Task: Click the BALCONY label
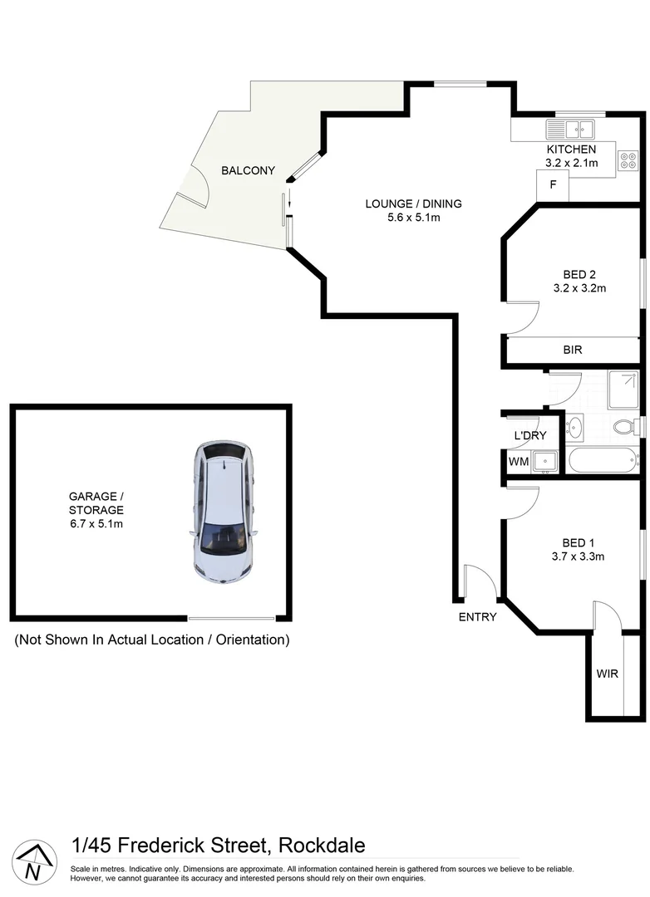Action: [248, 170]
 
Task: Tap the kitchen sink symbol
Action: [570, 129]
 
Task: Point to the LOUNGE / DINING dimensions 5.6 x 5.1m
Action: [414, 218]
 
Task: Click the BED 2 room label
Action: [579, 274]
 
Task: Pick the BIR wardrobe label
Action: [573, 350]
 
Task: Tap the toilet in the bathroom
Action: [625, 427]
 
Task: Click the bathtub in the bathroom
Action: [602, 459]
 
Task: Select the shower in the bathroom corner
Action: [623, 390]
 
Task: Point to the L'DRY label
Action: [529, 435]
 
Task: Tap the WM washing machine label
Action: [518, 461]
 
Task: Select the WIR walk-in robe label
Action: [608, 674]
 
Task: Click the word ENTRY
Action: [477, 616]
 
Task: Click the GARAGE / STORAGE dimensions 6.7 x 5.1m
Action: [96, 523]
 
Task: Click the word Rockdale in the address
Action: [322, 846]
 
